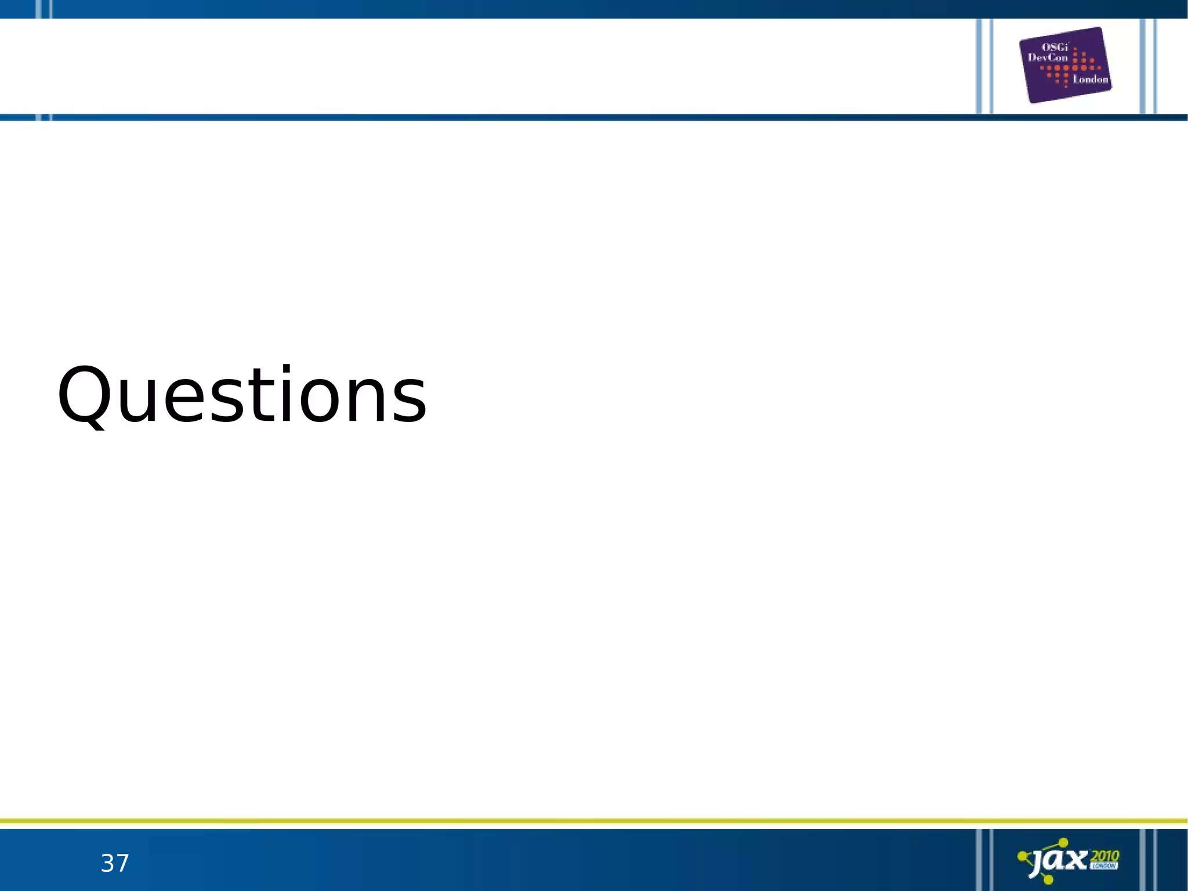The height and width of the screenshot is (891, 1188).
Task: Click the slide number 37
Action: pos(115,864)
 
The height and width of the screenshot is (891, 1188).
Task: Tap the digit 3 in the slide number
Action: pos(107,864)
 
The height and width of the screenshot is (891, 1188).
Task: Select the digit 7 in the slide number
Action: pos(122,864)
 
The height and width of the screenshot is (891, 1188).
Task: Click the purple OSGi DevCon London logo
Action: pos(1065,65)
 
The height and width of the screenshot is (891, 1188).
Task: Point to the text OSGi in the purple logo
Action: pos(1055,48)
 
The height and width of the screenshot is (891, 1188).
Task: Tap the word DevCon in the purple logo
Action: pos(1048,57)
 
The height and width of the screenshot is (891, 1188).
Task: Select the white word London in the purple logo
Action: pos(1090,80)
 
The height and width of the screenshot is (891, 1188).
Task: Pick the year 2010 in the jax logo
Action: pos(1104,856)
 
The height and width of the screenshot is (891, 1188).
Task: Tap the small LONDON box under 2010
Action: pos(1104,866)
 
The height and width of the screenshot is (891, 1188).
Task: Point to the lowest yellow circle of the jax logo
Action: pos(1048,880)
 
